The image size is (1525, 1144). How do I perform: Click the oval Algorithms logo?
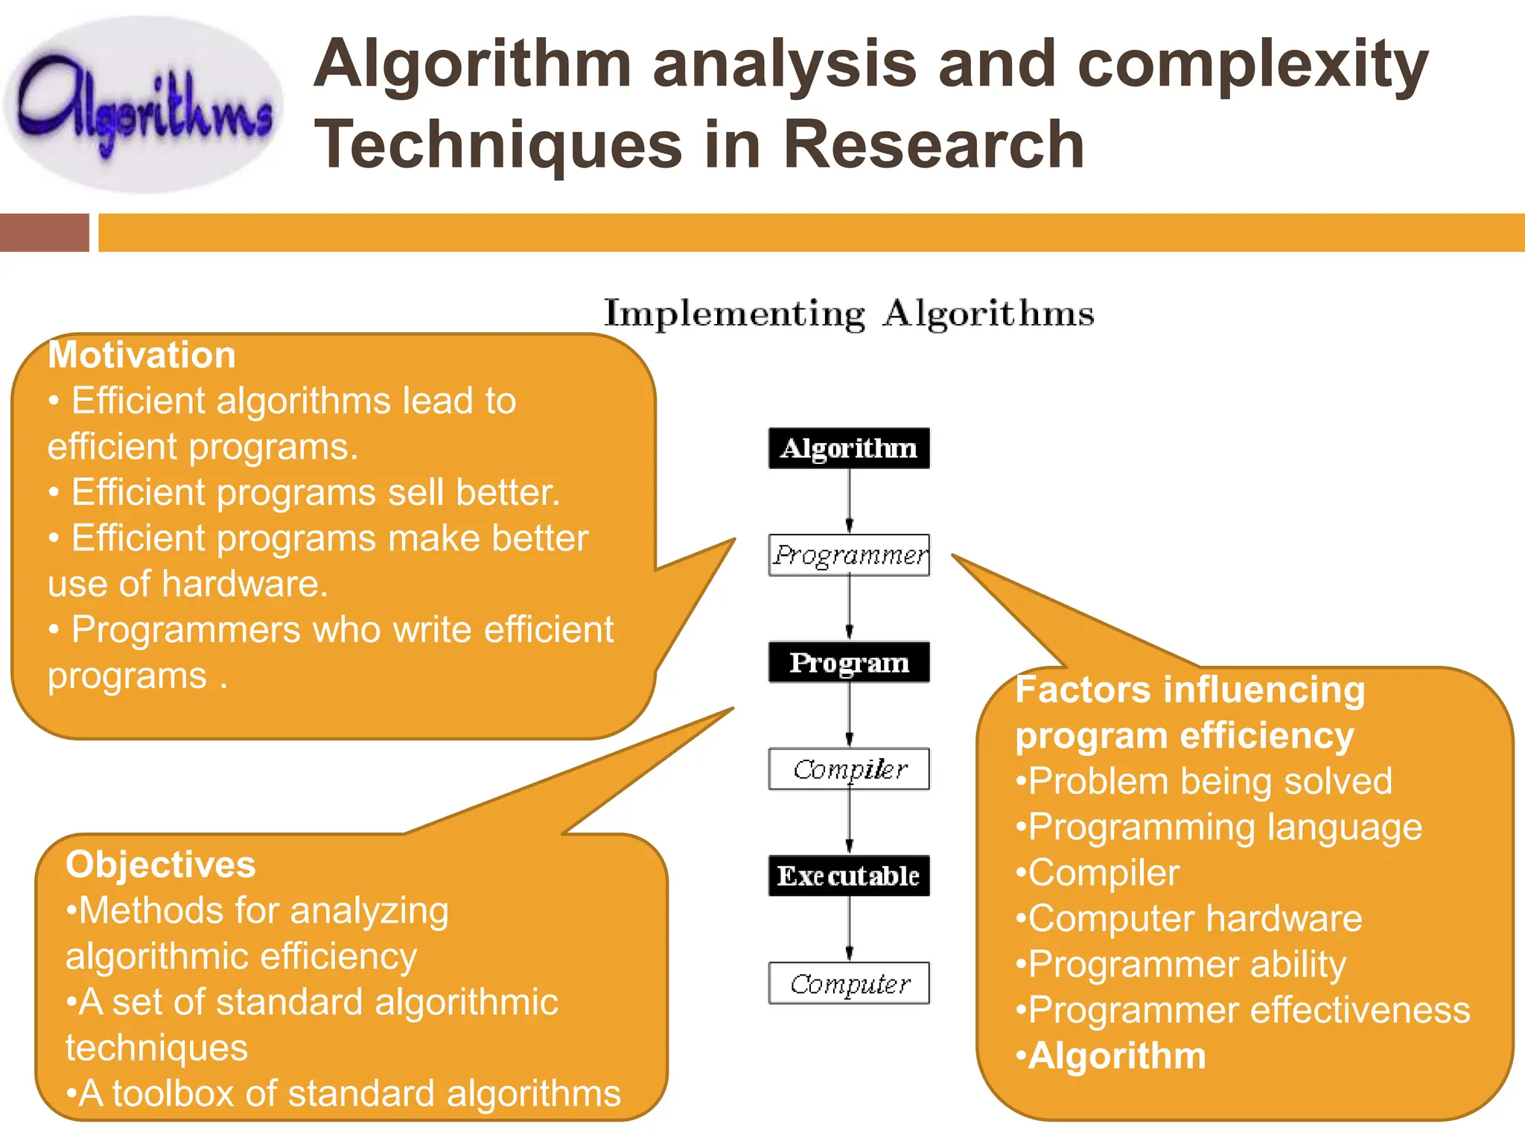(x=143, y=106)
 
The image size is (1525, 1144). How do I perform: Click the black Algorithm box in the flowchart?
(x=849, y=448)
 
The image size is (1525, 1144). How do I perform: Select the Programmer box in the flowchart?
(x=849, y=555)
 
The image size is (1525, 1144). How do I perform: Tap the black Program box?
(x=849, y=662)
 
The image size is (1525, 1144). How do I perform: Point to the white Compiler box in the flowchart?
(x=849, y=769)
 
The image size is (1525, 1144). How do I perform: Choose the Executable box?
(x=849, y=876)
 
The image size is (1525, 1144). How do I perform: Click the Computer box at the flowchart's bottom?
(x=849, y=983)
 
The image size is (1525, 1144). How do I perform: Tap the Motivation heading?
(x=141, y=355)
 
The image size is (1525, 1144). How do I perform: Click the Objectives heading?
(x=160, y=865)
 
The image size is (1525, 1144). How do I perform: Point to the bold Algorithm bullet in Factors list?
(x=1116, y=1056)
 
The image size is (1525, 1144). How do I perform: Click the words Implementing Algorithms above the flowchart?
(x=849, y=314)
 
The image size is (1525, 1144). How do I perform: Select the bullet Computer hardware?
(x=1194, y=918)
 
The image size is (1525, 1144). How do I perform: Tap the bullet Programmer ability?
(x=1187, y=965)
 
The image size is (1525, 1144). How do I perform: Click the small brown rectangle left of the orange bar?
(x=44, y=232)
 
